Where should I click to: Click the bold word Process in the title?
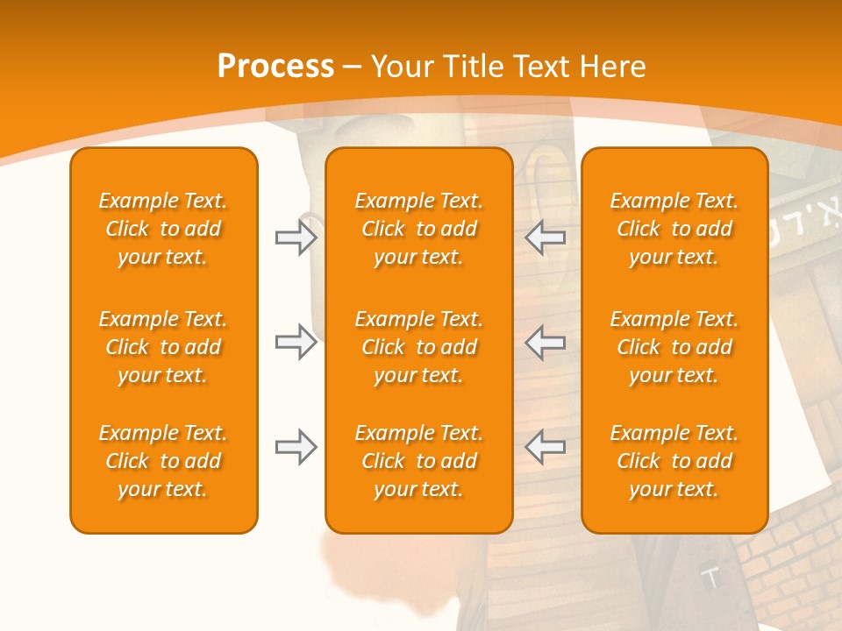(x=275, y=67)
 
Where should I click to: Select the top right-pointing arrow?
(x=296, y=238)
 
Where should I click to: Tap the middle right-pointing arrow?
(x=296, y=342)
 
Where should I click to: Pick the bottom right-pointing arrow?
(x=296, y=447)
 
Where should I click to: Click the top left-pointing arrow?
(x=546, y=238)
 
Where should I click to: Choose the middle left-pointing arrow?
(x=546, y=342)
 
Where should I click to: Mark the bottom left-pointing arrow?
(x=546, y=447)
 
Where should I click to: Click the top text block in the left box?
(x=163, y=229)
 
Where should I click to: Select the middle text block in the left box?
(x=163, y=347)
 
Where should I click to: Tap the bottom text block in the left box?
(x=163, y=461)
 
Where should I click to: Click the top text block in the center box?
(x=419, y=229)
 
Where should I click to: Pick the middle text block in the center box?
(x=419, y=347)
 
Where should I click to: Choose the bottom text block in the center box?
(x=419, y=461)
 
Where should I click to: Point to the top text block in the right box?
(x=674, y=229)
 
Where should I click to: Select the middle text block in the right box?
(x=674, y=347)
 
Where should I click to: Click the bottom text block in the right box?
(x=674, y=461)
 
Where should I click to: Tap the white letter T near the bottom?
(x=712, y=578)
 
